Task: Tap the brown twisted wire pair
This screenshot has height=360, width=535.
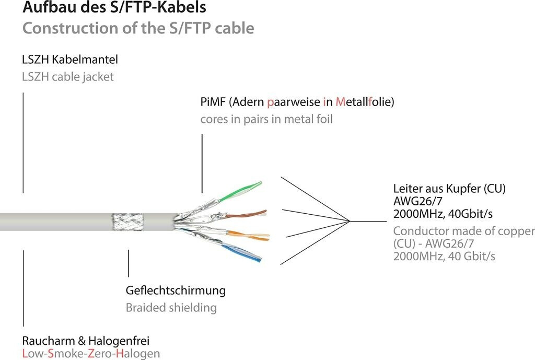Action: click(x=246, y=213)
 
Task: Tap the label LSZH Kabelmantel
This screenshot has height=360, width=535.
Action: click(x=69, y=60)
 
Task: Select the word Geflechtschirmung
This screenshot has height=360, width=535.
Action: click(x=176, y=290)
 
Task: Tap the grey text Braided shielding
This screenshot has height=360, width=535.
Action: click(x=171, y=307)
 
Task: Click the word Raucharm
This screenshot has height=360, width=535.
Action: click(x=48, y=341)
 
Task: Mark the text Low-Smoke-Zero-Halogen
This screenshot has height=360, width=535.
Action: click(x=91, y=354)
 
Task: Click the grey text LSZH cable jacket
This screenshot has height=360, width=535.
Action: click(x=67, y=77)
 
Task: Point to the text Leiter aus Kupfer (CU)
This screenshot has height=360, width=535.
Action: click(x=449, y=189)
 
